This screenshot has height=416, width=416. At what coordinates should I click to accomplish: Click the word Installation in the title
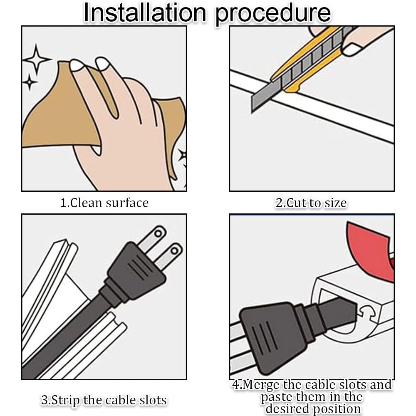coord(145,13)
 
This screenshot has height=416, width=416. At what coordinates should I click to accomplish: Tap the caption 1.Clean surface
coord(104,203)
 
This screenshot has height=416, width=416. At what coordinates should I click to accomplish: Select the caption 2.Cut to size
coord(311,203)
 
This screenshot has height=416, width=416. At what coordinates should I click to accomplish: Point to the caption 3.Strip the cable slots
coord(104,400)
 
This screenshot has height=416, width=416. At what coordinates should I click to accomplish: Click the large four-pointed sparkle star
coord(36,59)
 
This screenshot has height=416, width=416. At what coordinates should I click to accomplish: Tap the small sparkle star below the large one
coord(30,82)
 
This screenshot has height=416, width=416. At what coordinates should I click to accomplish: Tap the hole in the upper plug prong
coord(158,233)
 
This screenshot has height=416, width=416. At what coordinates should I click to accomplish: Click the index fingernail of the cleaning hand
coord(77,65)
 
